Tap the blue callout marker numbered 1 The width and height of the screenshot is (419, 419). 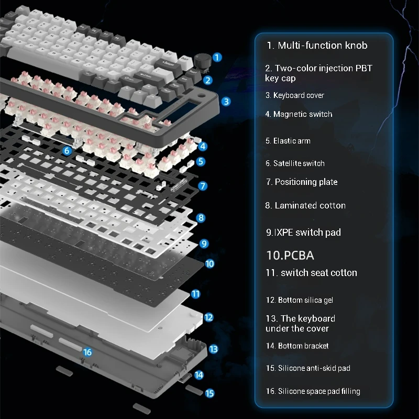click(217, 57)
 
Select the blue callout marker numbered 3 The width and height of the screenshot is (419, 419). click(226, 102)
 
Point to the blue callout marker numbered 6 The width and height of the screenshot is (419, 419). click(67, 151)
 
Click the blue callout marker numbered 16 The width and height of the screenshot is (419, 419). click(87, 352)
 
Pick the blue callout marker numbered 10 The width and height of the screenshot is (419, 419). click(210, 264)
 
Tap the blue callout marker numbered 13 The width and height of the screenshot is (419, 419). click(213, 349)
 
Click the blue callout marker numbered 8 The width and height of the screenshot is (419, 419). click(201, 218)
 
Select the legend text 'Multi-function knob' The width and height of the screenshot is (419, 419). click(323, 46)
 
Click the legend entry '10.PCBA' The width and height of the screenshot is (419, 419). click(290, 255)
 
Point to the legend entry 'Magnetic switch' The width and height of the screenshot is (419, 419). click(303, 114)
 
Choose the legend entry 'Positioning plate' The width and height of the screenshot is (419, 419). click(306, 182)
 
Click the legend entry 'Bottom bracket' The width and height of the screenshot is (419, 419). click(303, 346)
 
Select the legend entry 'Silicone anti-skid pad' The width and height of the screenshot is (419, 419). click(314, 368)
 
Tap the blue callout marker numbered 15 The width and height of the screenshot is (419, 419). click(210, 393)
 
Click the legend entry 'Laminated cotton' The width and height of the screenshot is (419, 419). click(310, 205)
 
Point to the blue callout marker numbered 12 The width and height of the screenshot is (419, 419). click(208, 317)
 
